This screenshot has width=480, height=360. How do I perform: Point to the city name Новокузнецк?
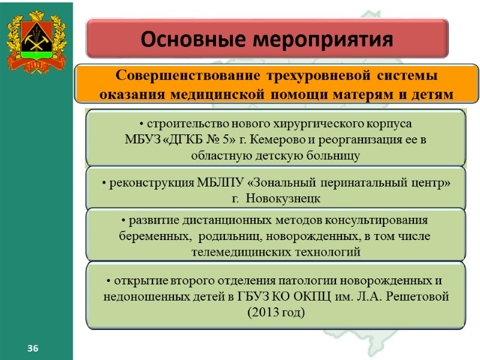point(284,198)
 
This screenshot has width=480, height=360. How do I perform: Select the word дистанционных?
point(211,220)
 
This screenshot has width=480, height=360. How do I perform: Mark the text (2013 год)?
point(276,313)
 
